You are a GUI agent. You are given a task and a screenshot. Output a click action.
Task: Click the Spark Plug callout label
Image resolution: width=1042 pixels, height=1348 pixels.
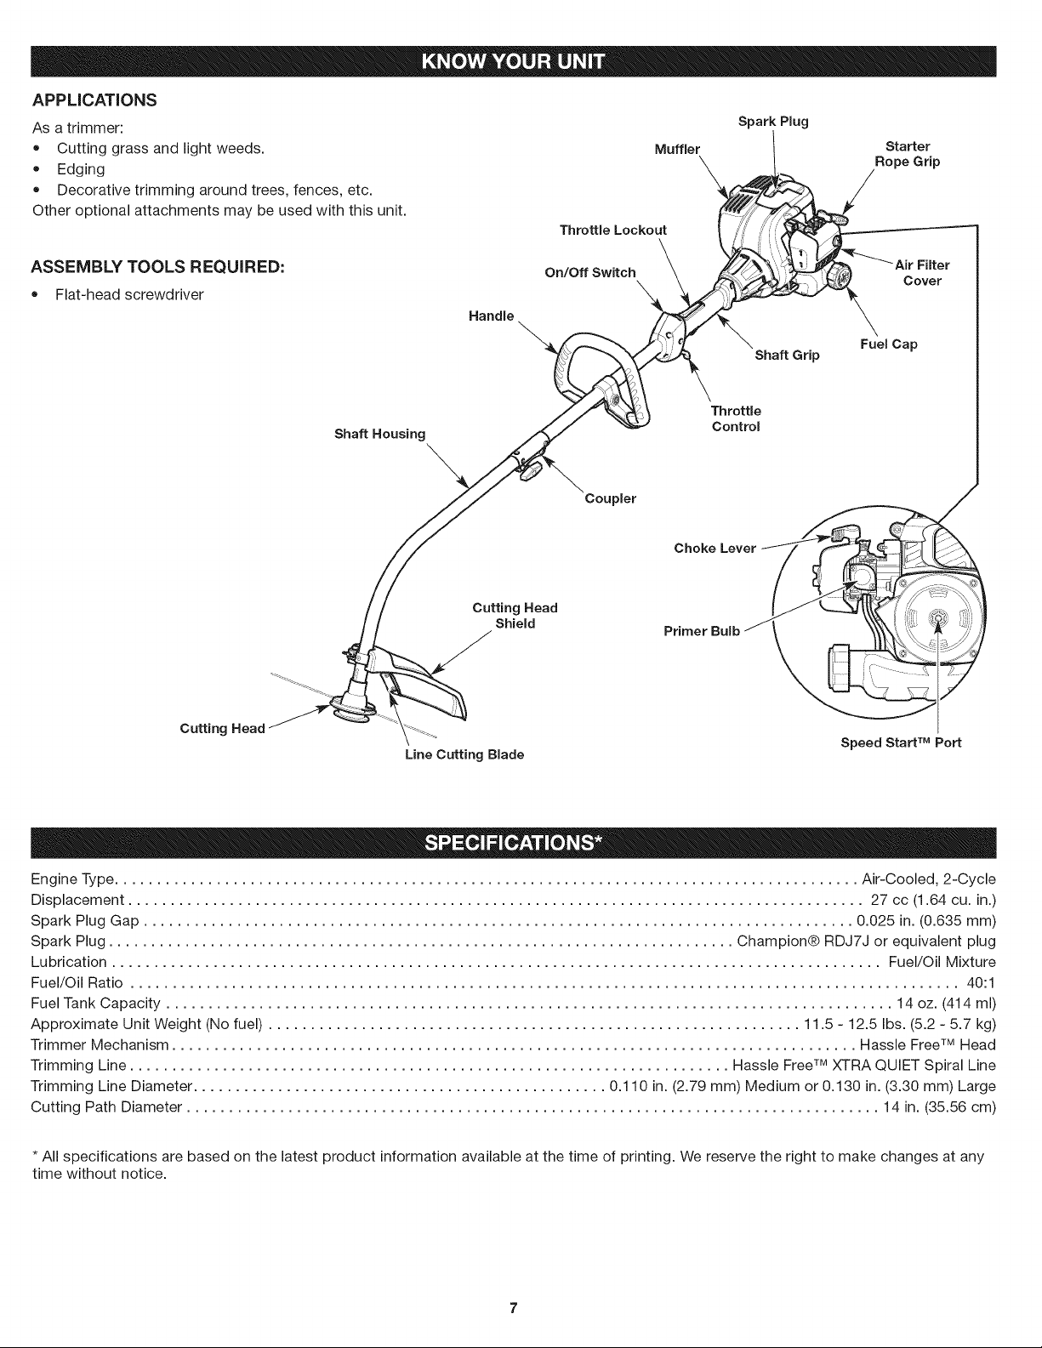point(773,122)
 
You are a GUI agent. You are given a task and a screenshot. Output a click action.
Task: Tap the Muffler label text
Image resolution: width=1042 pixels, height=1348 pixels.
point(677,150)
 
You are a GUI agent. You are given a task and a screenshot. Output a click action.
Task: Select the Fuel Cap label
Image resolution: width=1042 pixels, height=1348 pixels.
point(888,344)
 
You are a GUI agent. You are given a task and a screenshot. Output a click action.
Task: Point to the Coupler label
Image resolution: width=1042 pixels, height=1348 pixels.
point(611,498)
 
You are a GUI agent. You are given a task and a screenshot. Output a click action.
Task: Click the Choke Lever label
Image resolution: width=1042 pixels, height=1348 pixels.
point(715,549)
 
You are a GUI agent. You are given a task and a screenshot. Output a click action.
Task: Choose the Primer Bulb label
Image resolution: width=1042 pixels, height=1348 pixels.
point(702,632)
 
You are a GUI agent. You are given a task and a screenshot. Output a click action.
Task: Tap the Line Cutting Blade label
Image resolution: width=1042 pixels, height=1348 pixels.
point(464,755)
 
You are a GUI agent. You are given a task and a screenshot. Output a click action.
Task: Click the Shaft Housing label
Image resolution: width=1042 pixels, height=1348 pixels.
point(379,435)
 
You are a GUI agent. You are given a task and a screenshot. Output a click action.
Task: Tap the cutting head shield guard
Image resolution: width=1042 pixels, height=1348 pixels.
point(422,680)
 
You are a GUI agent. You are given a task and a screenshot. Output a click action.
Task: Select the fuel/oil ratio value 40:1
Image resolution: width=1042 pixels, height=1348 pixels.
point(982,983)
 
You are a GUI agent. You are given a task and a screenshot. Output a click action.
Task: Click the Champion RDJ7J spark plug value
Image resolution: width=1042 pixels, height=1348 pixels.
point(867,941)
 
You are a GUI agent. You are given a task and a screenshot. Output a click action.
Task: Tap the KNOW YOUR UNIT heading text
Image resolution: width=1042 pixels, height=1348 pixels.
point(513,61)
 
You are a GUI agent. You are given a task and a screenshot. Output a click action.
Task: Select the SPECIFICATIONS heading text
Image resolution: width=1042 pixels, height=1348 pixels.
point(513,843)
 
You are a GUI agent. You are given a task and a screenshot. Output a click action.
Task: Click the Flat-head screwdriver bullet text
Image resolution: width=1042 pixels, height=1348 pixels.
point(129,295)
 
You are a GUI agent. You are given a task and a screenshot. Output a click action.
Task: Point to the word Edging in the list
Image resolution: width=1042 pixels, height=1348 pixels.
point(82,170)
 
